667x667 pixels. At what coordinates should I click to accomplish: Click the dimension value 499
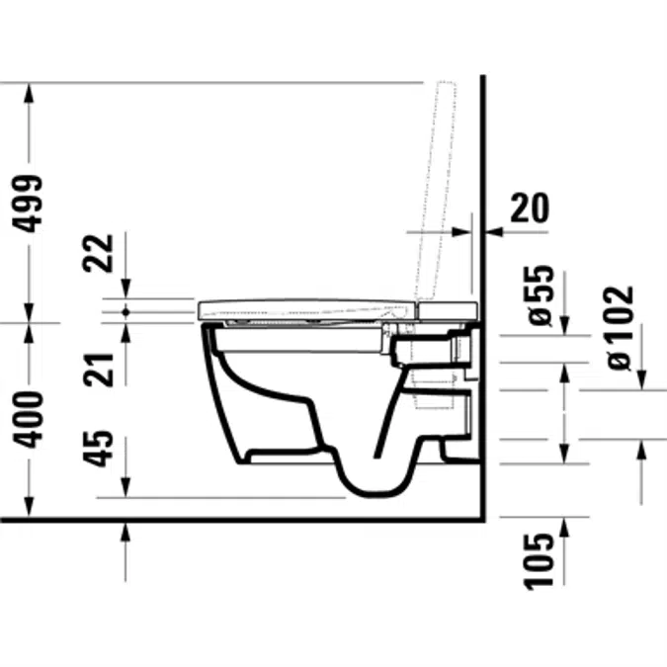[x=28, y=204]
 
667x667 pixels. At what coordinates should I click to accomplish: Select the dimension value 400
[x=28, y=420]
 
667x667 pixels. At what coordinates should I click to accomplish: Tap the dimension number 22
[x=98, y=253]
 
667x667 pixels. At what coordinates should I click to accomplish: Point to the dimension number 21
[x=98, y=370]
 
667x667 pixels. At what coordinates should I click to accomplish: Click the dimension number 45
[x=98, y=449]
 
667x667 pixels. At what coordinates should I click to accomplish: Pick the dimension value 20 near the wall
[x=530, y=208]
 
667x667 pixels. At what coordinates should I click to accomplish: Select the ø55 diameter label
[x=541, y=295]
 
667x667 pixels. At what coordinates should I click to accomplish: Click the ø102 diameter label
[x=620, y=327]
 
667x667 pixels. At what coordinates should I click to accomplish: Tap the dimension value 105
[x=540, y=561]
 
